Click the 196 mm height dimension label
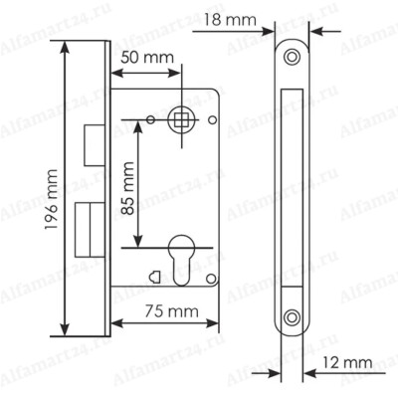(52, 200)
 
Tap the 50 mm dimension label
(147, 58)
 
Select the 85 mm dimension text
(127, 188)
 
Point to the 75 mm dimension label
(171, 311)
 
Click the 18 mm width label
(230, 20)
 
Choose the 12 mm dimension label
(347, 362)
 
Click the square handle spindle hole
(181, 119)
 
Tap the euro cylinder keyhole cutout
(181, 261)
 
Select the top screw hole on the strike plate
(292, 57)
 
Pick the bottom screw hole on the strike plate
(292, 317)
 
